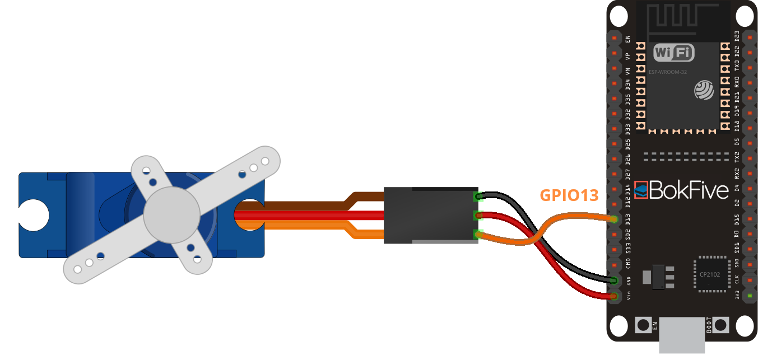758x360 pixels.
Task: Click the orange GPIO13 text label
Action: pos(569,195)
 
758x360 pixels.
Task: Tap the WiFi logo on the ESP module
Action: pos(674,53)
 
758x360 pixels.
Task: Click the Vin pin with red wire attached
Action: pos(615,296)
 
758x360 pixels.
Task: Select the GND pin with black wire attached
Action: pos(615,280)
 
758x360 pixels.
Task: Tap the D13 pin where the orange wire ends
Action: pos(615,219)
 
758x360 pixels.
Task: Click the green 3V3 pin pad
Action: pos(749,296)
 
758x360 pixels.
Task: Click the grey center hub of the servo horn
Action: pos(171,215)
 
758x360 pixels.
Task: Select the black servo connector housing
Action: pos(429,215)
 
